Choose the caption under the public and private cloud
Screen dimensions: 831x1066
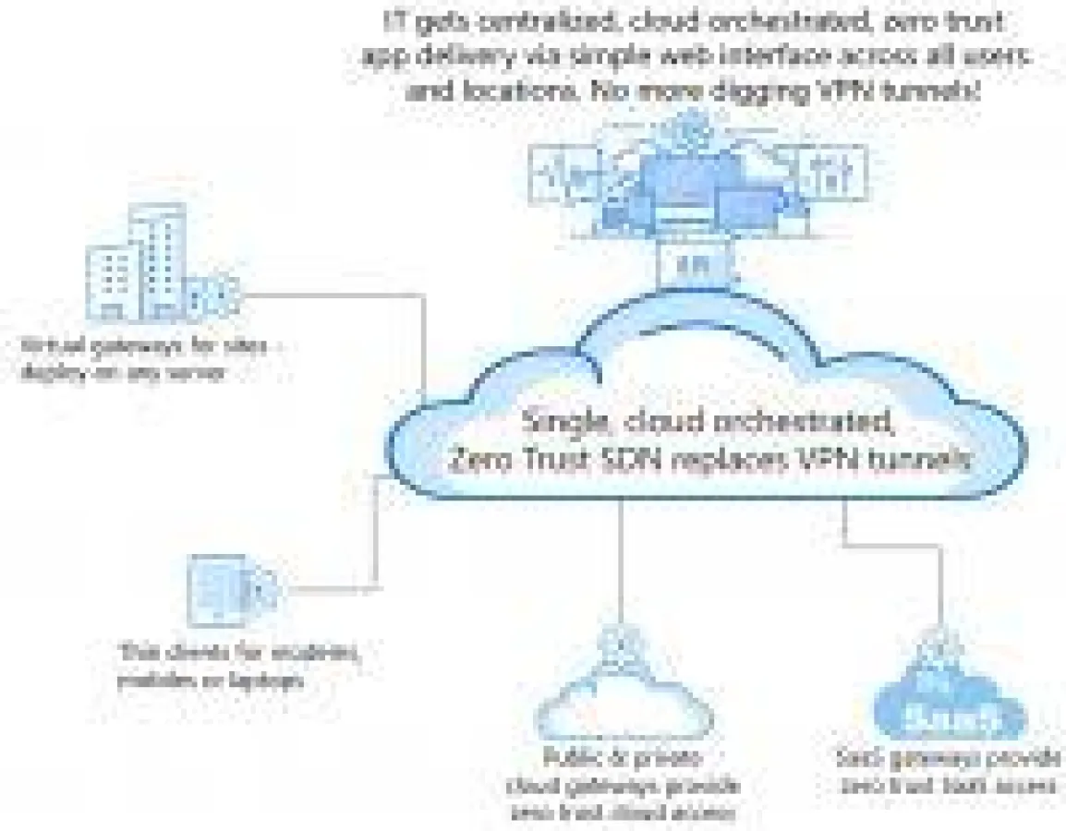tap(624, 785)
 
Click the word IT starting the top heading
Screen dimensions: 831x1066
tap(394, 19)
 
